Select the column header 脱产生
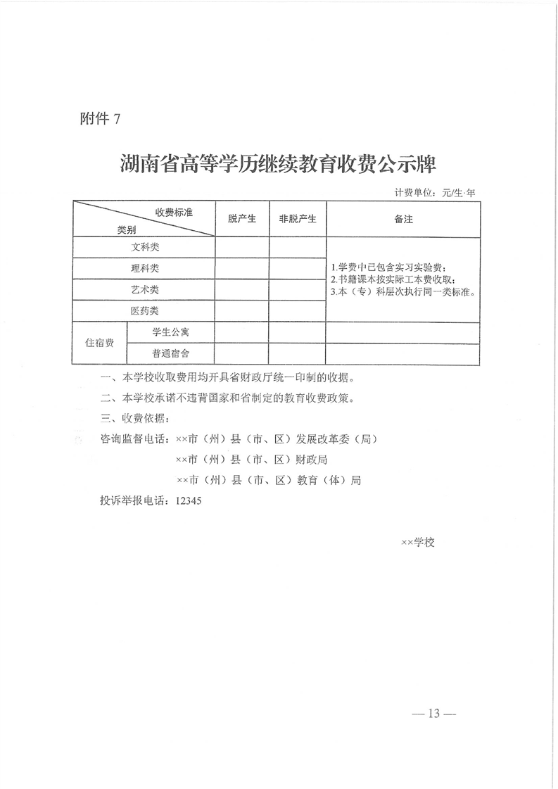(x=241, y=219)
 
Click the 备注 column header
(x=403, y=219)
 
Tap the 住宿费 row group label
(x=99, y=343)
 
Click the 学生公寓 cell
(x=170, y=332)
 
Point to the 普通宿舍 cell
(x=170, y=353)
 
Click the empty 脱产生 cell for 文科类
(x=241, y=248)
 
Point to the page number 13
(x=433, y=714)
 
